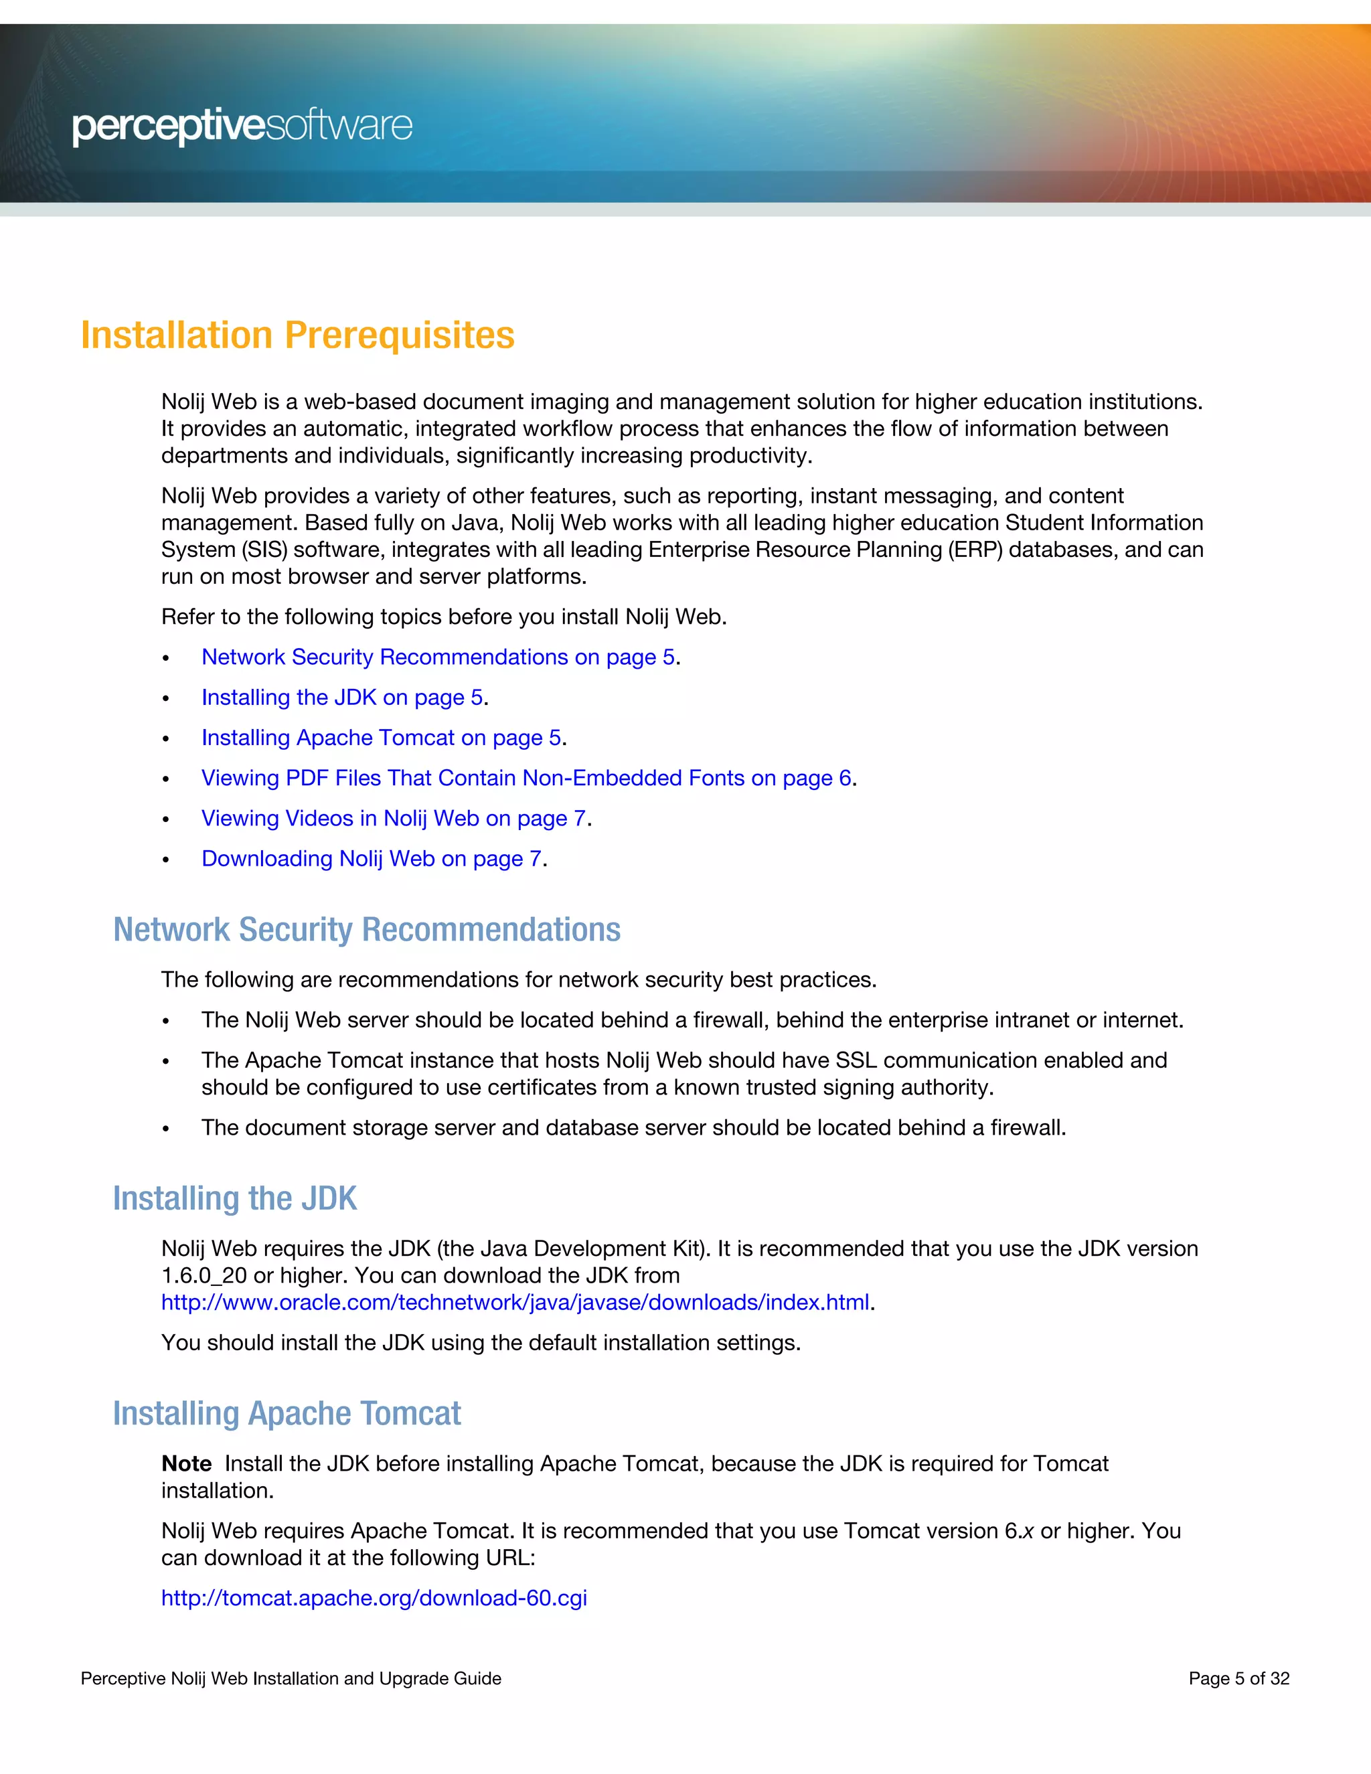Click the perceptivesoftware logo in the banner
[242, 126]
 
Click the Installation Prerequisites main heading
[297, 335]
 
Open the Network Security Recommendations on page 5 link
[438, 657]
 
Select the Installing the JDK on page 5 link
[342, 698]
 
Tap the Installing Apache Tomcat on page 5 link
[381, 738]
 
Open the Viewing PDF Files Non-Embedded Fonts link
[526, 778]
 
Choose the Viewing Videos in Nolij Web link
[393, 818]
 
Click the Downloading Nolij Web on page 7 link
[371, 859]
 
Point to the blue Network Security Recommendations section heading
[366, 930]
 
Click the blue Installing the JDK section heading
[235, 1199]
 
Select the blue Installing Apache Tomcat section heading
[287, 1414]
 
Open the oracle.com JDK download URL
[515, 1303]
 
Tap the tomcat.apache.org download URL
[374, 1599]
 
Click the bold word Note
[186, 1463]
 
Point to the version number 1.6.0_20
[204, 1276]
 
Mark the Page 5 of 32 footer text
[1238, 1679]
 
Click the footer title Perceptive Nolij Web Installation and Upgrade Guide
[291, 1679]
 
